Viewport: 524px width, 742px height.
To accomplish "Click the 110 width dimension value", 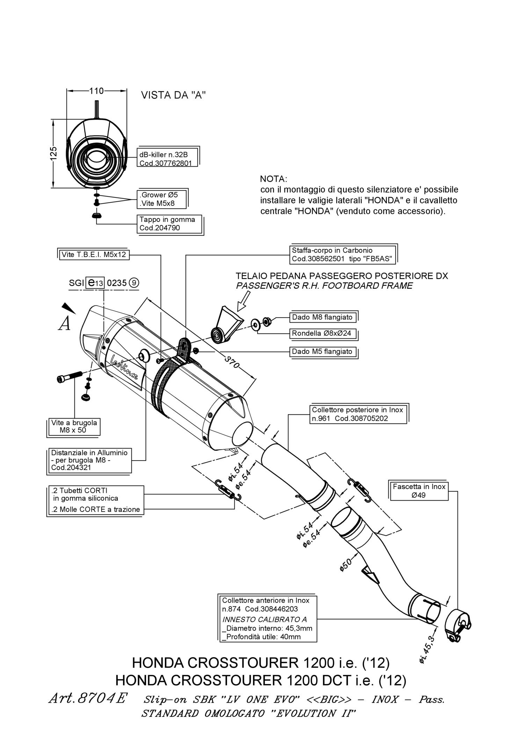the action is tap(96, 91).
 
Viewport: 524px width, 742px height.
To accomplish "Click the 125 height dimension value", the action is tap(53, 154).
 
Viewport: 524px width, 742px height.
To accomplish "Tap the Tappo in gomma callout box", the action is tap(169, 224).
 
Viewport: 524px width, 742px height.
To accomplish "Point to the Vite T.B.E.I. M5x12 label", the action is tap(94, 254).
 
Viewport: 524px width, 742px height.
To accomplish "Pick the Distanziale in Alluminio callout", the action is tap(89, 460).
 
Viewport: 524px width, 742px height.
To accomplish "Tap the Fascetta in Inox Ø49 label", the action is tap(419, 490).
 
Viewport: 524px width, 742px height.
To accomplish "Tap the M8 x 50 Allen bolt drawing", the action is tap(69, 376).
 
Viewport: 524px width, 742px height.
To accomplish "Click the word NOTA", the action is tap(274, 179).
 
